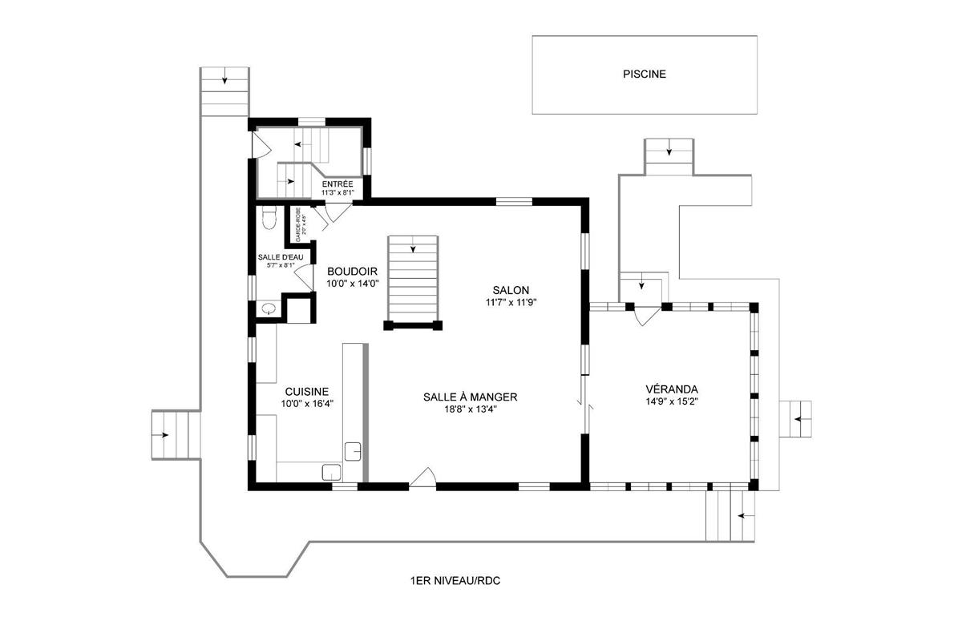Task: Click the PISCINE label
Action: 645,75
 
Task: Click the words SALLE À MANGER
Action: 470,397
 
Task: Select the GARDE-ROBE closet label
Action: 298,225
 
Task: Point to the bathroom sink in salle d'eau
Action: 269,308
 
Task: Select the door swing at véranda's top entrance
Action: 645,316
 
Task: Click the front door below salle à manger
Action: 422,478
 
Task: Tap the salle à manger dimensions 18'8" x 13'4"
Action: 470,409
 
